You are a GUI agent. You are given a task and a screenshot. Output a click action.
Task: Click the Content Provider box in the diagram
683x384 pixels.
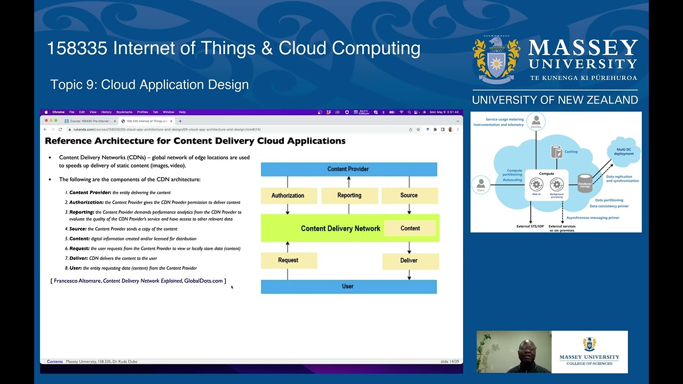coord(348,169)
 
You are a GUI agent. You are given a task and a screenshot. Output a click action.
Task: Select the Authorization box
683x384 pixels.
coord(288,195)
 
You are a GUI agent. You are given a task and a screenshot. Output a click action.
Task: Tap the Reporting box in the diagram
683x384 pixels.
coord(349,195)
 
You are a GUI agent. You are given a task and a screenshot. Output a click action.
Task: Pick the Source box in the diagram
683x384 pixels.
coord(409,195)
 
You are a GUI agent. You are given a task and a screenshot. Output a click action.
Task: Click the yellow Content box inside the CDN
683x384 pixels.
coord(410,228)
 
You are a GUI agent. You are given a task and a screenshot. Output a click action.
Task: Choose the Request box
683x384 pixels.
coord(288,260)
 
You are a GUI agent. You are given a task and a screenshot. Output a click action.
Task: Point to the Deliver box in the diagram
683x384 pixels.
coord(409,260)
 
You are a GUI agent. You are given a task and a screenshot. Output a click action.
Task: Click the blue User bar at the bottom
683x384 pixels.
coord(348,286)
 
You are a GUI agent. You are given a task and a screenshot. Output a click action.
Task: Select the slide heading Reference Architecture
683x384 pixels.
coord(195,141)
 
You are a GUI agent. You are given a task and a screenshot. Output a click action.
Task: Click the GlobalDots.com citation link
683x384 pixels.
coord(203,281)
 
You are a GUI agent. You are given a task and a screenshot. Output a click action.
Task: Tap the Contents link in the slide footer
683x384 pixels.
coord(55,362)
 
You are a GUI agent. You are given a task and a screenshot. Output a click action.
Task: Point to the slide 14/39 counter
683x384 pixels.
coord(449,362)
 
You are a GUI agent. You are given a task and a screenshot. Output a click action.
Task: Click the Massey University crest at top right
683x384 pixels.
coord(496,60)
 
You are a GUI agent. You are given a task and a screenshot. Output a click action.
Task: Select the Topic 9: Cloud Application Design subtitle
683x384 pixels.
coord(149,85)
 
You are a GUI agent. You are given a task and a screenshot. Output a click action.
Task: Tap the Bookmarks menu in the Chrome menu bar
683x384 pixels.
coord(124,112)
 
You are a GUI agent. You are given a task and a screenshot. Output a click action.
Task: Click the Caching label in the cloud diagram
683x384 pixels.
coord(570,152)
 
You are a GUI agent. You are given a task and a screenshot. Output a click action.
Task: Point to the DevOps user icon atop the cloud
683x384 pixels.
coord(536,121)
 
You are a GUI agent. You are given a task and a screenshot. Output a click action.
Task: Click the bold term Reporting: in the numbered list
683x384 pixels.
coord(82,212)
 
